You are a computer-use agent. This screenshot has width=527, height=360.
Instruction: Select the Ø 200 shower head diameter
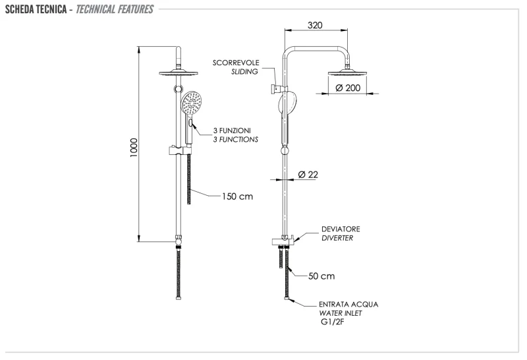348,88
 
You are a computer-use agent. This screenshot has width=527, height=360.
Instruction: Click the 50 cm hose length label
322,276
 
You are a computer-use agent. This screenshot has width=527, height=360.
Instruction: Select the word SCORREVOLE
236,63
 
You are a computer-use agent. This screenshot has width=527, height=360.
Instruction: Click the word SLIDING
244,72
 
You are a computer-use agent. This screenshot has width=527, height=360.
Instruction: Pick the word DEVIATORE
341,229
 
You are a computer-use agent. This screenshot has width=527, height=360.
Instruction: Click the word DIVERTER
337,238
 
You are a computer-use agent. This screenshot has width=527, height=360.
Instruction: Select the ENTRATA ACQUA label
348,305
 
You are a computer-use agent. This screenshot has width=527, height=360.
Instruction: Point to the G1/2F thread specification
333,322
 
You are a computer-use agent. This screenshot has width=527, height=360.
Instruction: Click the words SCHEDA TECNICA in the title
36,9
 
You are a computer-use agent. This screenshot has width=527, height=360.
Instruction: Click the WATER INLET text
341,313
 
